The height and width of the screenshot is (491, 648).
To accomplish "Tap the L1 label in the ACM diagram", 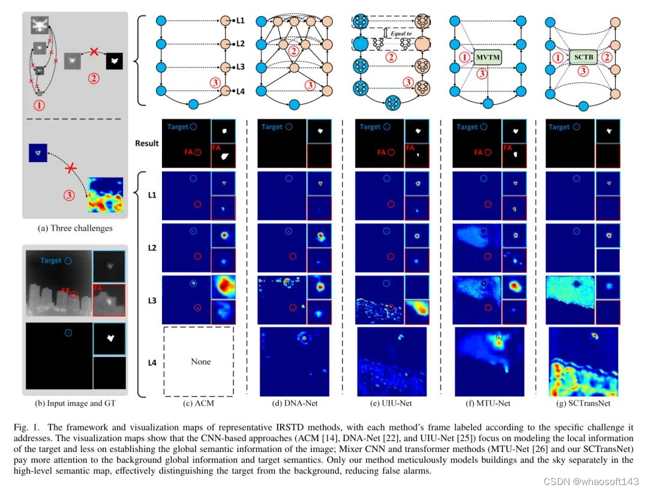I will click(240, 20).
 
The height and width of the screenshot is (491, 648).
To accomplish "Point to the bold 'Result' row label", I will click(147, 143).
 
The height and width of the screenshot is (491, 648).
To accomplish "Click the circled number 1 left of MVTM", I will click(465, 58).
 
